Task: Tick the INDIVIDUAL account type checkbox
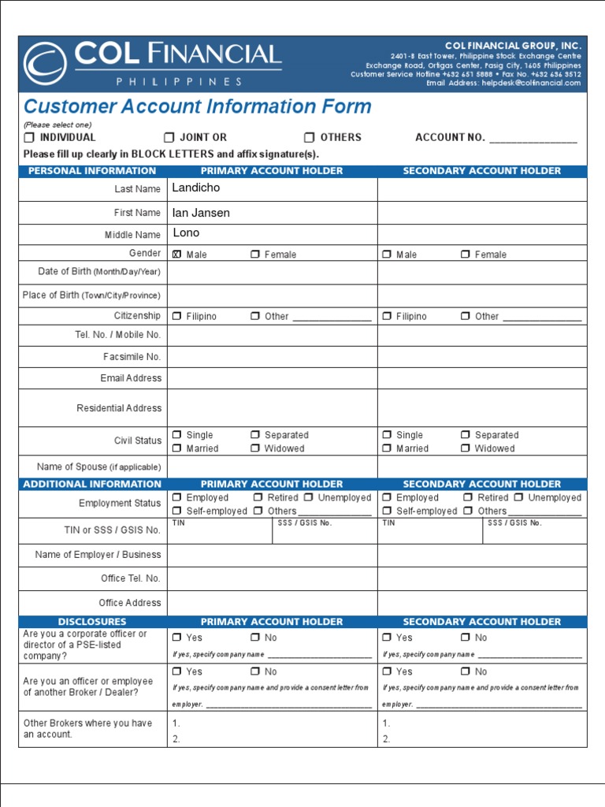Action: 28,137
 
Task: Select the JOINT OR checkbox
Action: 169,137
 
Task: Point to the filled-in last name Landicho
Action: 196,188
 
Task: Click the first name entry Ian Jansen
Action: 201,213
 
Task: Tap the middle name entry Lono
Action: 186,233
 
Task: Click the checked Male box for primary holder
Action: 176,255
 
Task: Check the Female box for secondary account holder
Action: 466,255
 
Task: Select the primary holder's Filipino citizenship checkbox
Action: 176,316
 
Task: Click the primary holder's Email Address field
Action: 272,378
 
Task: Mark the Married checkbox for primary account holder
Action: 176,448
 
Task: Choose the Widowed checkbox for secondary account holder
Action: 466,448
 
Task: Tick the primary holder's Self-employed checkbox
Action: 176,511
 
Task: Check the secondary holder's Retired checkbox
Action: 468,497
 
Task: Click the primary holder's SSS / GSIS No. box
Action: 325,534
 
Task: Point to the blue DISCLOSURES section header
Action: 92,622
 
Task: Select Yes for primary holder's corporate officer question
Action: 176,638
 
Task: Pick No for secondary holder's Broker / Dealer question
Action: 466,671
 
